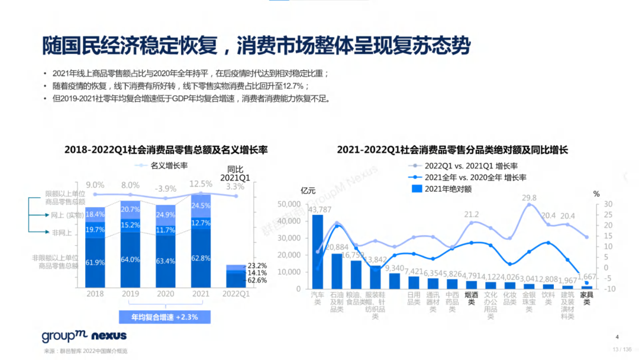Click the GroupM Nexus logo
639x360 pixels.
tap(84, 336)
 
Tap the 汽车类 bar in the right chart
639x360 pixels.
tap(318, 252)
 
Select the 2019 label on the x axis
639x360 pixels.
tap(130, 293)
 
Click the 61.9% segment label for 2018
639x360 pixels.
tap(95, 262)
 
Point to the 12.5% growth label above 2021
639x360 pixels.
tap(201, 185)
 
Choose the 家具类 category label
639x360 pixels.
tap(586, 298)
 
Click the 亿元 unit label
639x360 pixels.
tap(308, 191)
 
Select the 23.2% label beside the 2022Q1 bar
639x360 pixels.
tap(258, 266)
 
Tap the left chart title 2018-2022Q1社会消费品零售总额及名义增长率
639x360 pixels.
tap(166, 150)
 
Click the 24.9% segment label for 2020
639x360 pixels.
tap(166, 214)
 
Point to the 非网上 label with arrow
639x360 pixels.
tap(62, 233)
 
